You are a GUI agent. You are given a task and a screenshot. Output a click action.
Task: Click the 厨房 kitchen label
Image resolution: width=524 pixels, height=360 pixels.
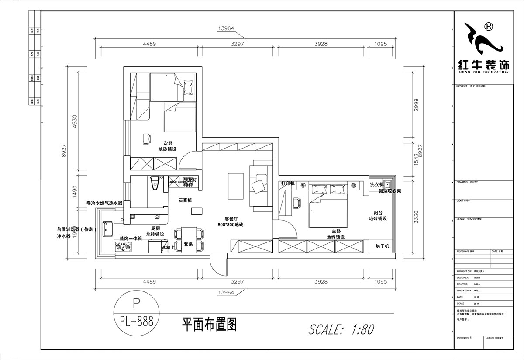[155, 228]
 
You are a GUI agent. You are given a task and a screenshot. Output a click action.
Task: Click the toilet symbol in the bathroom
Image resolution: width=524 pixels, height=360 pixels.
[155, 183]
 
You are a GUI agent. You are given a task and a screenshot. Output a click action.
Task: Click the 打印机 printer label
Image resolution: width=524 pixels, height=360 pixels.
[288, 183]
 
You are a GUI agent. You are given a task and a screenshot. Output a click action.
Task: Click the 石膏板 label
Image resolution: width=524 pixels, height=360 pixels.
[185, 201]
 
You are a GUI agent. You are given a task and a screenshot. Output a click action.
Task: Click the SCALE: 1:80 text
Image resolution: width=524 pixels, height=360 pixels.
[341, 329]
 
